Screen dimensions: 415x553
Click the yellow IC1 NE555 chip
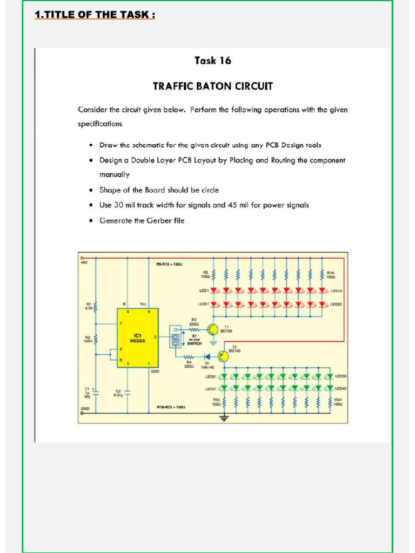(x=138, y=338)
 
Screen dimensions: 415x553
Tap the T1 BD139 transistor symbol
(x=213, y=330)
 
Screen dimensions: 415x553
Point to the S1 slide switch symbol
(x=175, y=339)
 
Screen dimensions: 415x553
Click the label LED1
(x=204, y=291)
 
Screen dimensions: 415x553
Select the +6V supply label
(x=84, y=262)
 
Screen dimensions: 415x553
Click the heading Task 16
(x=213, y=61)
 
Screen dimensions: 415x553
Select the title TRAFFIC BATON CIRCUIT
(x=213, y=86)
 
